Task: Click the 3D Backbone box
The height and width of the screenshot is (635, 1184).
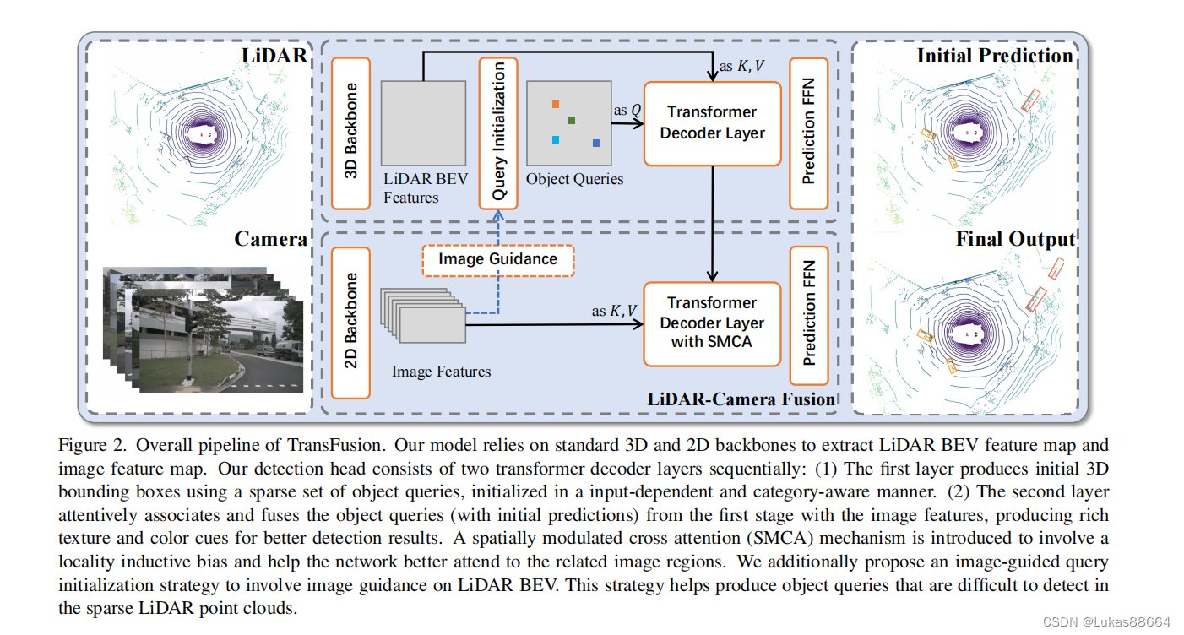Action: click(351, 133)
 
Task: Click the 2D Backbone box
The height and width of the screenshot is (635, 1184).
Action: click(351, 322)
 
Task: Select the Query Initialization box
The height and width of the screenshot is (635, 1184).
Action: click(498, 133)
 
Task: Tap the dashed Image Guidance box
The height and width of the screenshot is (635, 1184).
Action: click(497, 259)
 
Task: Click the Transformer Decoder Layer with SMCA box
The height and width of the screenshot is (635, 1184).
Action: click(712, 323)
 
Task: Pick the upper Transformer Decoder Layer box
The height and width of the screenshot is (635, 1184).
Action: click(712, 123)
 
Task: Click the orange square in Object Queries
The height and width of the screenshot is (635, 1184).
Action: click(555, 105)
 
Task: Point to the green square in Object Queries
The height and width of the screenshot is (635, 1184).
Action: click(572, 121)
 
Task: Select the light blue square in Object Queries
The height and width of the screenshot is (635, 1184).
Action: click(555, 139)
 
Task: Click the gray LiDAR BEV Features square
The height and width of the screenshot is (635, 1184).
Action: click(423, 123)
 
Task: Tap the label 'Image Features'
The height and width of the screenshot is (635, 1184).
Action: click(441, 372)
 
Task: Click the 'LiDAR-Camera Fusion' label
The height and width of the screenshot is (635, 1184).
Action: click(741, 399)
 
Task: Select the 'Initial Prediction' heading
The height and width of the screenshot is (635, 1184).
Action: click(995, 57)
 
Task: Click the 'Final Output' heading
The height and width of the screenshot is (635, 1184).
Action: click(1015, 239)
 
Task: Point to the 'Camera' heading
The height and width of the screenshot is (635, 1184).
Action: click(270, 239)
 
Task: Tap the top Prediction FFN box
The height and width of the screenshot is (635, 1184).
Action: click(809, 133)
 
